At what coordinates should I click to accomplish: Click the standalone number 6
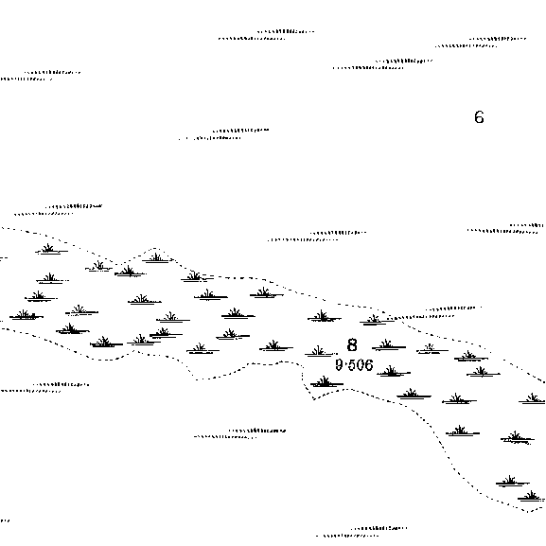pos(479,117)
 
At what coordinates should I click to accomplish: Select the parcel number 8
pos(352,344)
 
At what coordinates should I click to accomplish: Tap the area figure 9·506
pos(354,365)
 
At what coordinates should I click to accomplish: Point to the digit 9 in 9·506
pos(339,365)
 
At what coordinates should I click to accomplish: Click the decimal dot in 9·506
pos(345,365)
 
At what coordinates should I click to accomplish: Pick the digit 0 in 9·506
pos(361,365)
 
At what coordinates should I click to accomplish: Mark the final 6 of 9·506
pos(369,365)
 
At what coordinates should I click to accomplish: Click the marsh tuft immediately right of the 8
pos(389,345)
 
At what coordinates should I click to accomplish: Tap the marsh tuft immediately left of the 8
pos(321,351)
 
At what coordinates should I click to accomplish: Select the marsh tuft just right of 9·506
pos(394,372)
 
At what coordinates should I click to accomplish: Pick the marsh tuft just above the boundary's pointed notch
pos(326,382)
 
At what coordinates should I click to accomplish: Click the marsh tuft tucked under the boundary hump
pos(157,258)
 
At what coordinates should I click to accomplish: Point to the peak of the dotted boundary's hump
pos(155,248)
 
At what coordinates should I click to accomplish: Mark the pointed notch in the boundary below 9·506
pos(314,399)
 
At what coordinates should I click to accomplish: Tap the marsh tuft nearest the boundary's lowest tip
pos(531,496)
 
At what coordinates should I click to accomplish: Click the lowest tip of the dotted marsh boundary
pos(527,512)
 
